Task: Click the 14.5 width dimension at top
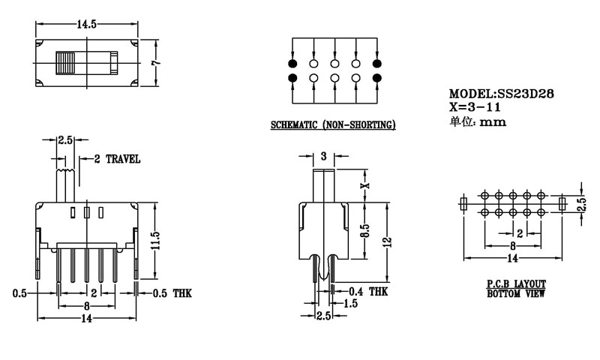tap(86, 24)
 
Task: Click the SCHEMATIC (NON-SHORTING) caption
tap(333, 124)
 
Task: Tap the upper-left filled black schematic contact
tap(292, 63)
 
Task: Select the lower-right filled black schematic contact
tap(376, 78)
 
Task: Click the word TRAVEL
tap(123, 159)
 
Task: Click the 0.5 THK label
tap(172, 293)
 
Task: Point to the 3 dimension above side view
tap(323, 157)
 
